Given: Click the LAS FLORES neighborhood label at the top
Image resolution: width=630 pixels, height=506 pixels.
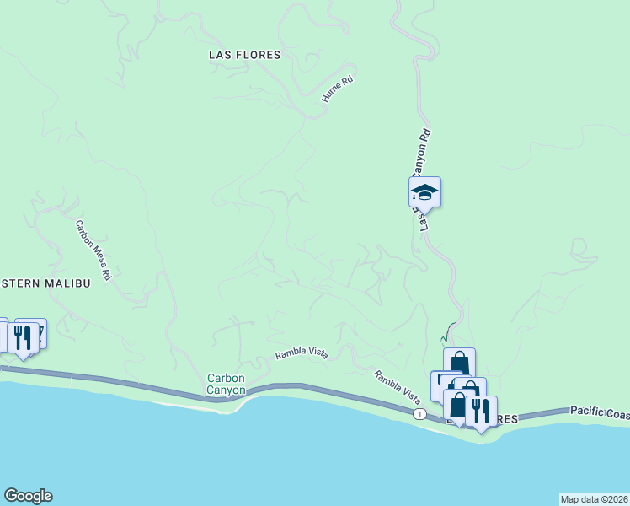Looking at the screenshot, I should click(244, 55).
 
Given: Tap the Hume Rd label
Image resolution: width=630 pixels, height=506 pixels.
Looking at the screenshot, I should click(334, 91).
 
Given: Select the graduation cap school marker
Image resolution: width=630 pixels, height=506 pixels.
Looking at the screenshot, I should click(424, 193).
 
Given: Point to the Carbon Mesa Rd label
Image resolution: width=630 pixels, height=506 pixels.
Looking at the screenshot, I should click(93, 250).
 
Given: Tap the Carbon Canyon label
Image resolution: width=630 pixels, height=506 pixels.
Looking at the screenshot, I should click(227, 385).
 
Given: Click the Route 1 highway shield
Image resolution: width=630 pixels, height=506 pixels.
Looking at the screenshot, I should click(419, 414).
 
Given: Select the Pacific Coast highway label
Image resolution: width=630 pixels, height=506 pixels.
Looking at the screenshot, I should click(599, 411).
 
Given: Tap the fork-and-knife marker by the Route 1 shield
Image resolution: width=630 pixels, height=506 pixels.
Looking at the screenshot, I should click(481, 411).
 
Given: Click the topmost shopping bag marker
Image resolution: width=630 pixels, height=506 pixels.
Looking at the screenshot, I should click(459, 363).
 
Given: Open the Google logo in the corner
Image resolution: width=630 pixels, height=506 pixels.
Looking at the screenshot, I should click(28, 496).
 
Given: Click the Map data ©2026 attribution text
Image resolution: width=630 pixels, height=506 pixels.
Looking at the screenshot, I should click(594, 499).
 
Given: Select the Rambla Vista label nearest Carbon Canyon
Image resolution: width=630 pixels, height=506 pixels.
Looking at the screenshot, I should click(301, 355).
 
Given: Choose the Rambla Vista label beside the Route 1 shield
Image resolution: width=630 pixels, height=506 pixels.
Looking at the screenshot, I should click(397, 387).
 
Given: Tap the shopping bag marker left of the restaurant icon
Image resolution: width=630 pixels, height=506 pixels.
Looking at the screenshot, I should click(458, 406).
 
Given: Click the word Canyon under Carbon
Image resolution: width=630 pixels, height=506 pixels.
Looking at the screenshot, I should click(227, 390).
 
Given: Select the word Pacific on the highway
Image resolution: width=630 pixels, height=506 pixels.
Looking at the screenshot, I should click(587, 411).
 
